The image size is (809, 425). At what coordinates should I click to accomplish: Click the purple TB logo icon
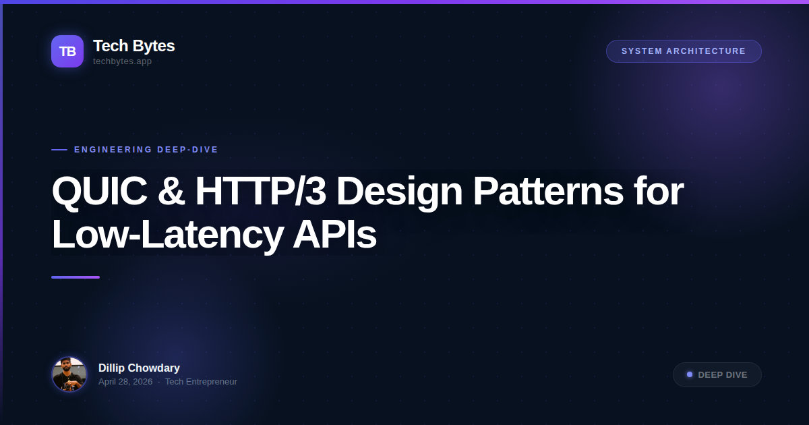[x=67, y=51]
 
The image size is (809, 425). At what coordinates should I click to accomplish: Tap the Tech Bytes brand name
[x=133, y=46]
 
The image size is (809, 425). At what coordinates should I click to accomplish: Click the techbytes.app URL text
[x=122, y=61]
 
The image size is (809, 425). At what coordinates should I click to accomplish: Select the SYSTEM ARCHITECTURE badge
[x=684, y=51]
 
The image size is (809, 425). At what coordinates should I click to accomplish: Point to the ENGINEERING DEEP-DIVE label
[x=146, y=150]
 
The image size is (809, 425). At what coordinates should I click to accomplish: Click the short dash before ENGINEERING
[x=59, y=150]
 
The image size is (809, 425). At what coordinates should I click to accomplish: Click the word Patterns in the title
[x=547, y=192]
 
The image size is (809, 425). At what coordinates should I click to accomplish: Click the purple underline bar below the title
[x=76, y=277]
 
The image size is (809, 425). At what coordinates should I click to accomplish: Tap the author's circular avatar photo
[x=69, y=374]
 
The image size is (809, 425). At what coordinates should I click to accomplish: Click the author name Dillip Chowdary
[x=139, y=368]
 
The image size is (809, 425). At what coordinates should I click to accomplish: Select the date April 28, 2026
[x=125, y=382]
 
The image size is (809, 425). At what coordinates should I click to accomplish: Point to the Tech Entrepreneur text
[x=201, y=382]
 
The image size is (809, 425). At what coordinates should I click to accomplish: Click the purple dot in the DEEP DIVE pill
[x=690, y=374]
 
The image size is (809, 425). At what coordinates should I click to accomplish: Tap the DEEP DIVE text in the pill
[x=723, y=375]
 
